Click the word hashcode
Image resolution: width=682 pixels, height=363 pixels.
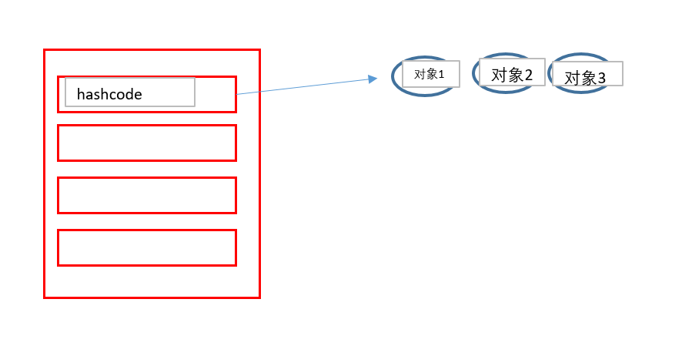pos(109,95)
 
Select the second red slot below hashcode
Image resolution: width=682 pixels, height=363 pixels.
pos(146,143)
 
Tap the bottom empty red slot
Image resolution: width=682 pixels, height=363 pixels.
pos(146,247)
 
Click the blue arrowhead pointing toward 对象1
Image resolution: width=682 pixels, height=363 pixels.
pos(373,79)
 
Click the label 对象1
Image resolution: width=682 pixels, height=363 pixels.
pos(430,75)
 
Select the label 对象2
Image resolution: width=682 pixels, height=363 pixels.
pos(512,75)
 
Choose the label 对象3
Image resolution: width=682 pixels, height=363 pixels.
pos(585,78)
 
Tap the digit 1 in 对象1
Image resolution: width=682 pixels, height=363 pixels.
pos(441,75)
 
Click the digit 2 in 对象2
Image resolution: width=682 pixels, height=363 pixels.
pos(529,75)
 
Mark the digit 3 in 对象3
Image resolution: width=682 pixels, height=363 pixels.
pos(601,78)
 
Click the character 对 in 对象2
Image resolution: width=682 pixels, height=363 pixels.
pos(498,75)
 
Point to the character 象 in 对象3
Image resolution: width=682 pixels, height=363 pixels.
pos(587,78)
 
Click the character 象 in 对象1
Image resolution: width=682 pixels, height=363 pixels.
pos(431,75)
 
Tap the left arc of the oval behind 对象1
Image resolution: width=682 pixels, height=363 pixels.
pos(393,77)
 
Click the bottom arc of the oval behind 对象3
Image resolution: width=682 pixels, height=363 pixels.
pos(581,92)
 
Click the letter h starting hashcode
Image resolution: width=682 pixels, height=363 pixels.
pos(81,95)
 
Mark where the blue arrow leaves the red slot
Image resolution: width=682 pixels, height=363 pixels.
pos(236,94)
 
